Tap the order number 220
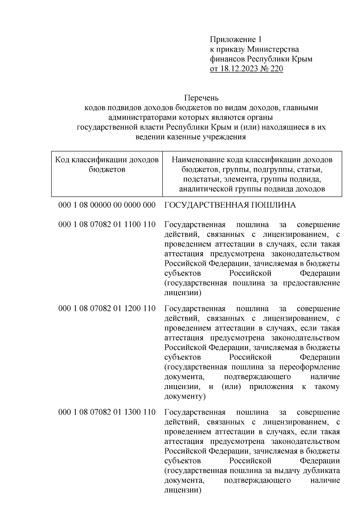point(277,69)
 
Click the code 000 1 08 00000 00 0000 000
point(107,205)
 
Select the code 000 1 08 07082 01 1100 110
point(107,224)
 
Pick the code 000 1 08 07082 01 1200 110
point(107,308)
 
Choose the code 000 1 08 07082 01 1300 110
point(107,412)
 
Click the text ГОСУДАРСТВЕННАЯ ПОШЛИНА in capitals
point(230,205)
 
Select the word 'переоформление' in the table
point(310,367)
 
